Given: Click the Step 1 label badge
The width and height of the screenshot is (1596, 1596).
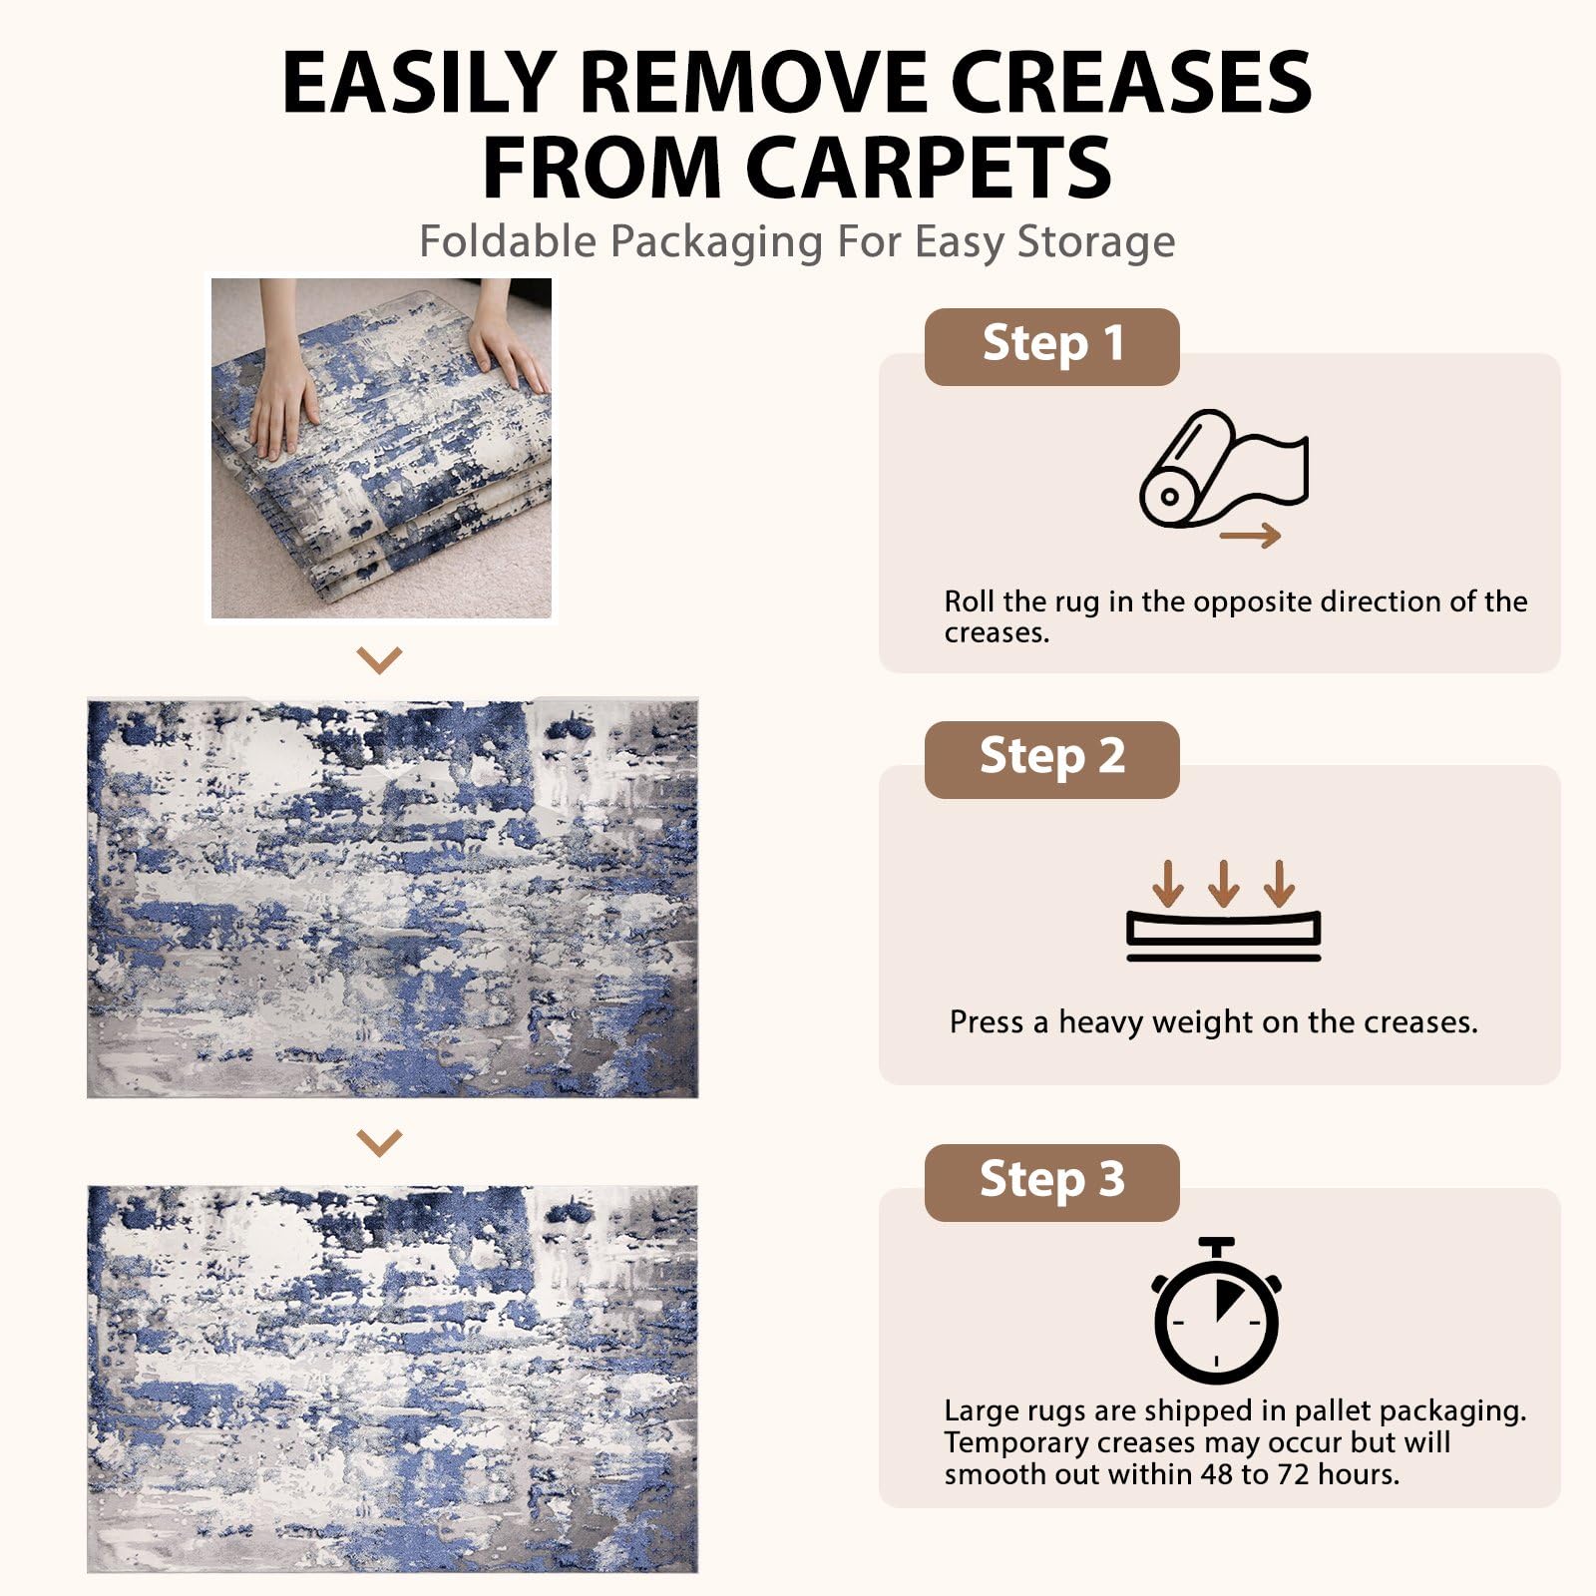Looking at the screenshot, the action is [1051, 346].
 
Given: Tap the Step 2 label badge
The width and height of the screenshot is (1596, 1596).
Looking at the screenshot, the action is [1051, 759].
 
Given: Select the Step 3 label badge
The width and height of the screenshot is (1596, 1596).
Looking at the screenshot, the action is [1051, 1182].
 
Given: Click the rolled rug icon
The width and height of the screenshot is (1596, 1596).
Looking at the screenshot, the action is [1223, 468].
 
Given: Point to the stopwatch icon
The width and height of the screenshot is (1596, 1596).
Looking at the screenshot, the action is [1216, 1310].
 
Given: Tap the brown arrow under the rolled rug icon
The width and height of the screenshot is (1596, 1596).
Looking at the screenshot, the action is [1250, 536].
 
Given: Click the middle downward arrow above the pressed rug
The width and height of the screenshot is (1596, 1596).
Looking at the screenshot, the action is [1224, 883].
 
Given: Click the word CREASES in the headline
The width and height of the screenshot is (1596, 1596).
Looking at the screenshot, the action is [1131, 82].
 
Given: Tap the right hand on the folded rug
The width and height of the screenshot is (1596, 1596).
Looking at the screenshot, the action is [507, 344].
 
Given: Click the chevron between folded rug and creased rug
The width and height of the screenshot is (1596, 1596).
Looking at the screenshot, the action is [379, 659].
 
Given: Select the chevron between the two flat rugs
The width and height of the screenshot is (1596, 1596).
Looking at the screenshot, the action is [379, 1142].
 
